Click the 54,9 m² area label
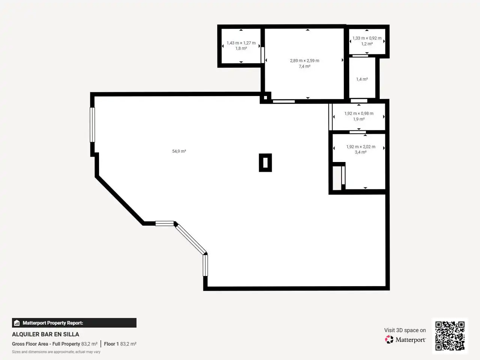179,151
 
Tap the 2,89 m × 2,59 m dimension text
304,60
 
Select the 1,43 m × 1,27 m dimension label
241,43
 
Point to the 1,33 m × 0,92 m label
367,38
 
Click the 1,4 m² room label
362,79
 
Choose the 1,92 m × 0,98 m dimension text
359,114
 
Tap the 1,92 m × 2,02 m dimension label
361,147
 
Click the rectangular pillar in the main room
265,163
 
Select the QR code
450,336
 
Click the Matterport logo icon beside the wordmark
389,339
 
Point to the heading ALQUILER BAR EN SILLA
45,334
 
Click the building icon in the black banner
17,323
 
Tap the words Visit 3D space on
405,330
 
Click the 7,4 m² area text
304,66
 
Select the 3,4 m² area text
361,152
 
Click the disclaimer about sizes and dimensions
56,352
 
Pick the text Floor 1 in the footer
111,344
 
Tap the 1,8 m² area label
241,48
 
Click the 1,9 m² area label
359,119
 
